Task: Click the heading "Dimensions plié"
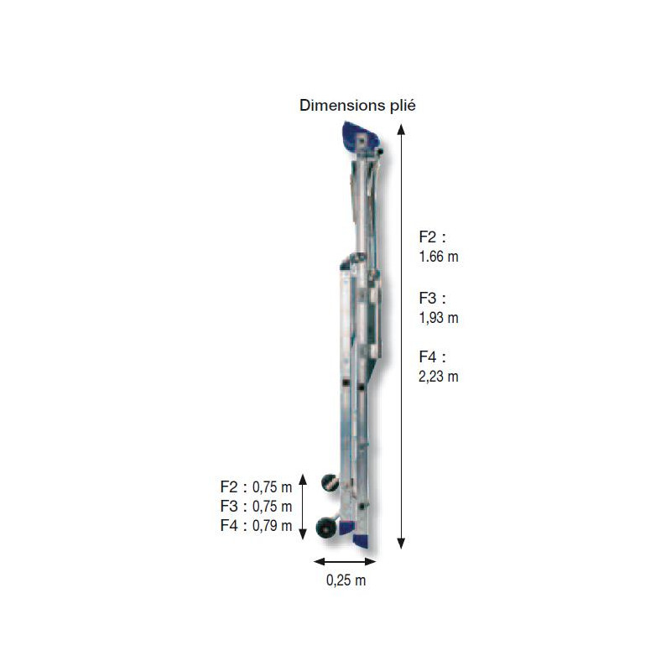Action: click(x=357, y=106)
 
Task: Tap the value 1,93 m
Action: click(x=439, y=317)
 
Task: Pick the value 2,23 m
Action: click(x=439, y=377)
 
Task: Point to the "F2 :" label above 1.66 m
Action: click(x=433, y=237)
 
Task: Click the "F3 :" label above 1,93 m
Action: click(x=433, y=297)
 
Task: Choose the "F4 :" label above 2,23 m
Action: click(x=433, y=356)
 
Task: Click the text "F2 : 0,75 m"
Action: click(x=256, y=486)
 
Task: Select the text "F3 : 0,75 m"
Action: click(x=256, y=506)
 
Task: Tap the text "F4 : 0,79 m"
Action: click(x=256, y=526)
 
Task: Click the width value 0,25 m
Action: click(x=346, y=580)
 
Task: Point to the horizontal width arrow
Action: click(x=345, y=561)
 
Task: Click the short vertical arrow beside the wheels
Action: click(x=304, y=508)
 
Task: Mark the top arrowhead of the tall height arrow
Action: click(x=401, y=129)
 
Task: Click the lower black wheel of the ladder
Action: click(x=325, y=528)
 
